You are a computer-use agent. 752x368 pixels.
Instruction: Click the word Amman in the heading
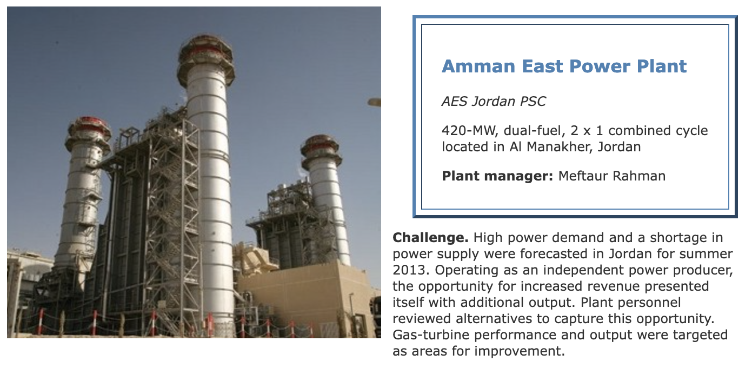(478, 66)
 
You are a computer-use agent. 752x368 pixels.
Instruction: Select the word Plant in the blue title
(662, 66)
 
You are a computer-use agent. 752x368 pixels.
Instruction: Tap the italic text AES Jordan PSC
(494, 101)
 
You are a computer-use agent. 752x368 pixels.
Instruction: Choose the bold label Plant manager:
(497, 176)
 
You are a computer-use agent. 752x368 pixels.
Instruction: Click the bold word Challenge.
(430, 238)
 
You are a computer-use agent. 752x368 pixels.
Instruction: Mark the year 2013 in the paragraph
(411, 270)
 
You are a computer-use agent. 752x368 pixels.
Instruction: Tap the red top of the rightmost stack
(320, 144)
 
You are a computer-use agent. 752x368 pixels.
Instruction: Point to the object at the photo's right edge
(375, 102)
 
